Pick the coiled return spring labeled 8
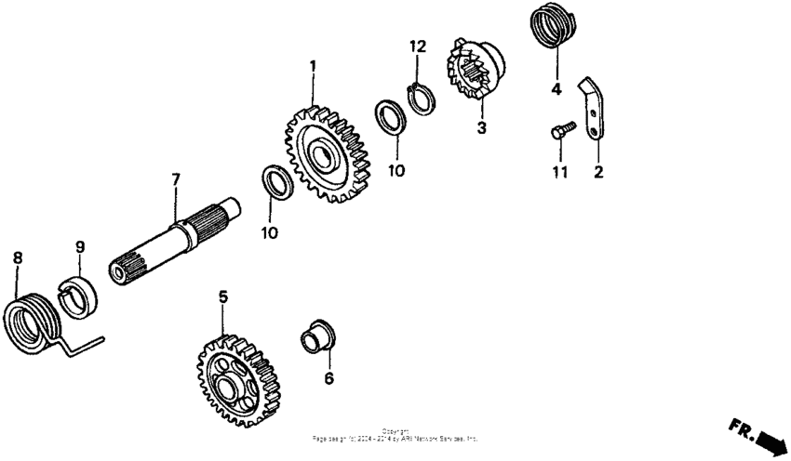[34, 321]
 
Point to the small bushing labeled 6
[316, 336]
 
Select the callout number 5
[222, 296]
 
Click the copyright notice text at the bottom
[395, 435]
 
